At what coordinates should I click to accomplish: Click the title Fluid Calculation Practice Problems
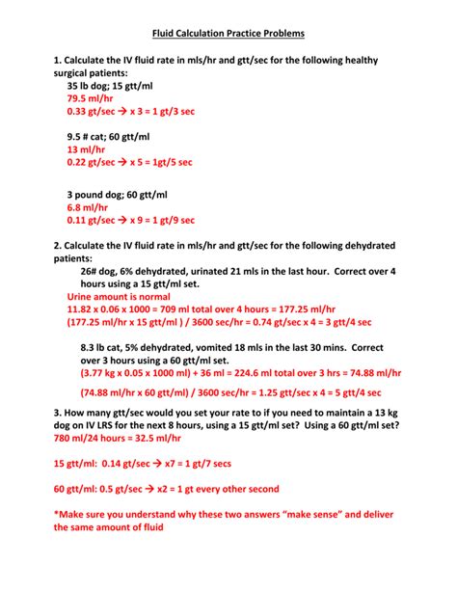228,34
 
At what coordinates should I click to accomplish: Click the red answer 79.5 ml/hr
92,98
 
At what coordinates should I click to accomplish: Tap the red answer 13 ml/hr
86,150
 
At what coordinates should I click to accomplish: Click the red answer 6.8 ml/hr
88,206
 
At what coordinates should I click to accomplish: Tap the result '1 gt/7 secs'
215,462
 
